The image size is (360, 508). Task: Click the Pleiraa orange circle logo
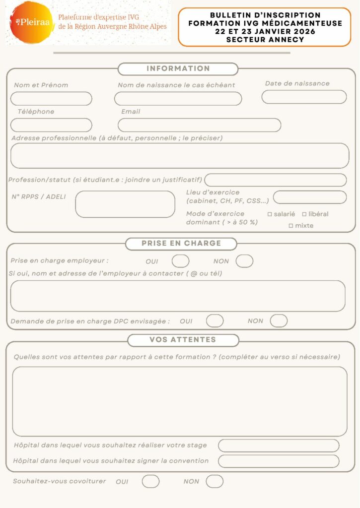31,22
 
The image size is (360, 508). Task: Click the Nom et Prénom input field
51,98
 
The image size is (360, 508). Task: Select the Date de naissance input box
304,97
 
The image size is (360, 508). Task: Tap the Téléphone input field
51,125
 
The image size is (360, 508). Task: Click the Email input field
199,125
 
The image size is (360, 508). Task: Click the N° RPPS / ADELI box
125,204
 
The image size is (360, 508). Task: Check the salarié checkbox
270,214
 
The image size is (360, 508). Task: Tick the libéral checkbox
304,214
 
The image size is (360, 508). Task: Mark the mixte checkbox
291,226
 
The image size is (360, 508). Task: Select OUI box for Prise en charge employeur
180,261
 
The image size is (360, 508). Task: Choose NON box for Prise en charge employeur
244,261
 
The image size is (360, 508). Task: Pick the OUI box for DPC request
215,321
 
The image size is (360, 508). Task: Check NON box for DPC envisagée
279,321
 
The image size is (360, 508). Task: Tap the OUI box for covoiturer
150,481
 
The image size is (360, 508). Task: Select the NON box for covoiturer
215,481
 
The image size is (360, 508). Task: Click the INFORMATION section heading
178,69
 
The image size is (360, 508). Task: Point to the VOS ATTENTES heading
183,340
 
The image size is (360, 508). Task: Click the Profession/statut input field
276,180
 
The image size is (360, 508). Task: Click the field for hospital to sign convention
279,461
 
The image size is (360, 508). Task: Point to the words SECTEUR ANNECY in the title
265,40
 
